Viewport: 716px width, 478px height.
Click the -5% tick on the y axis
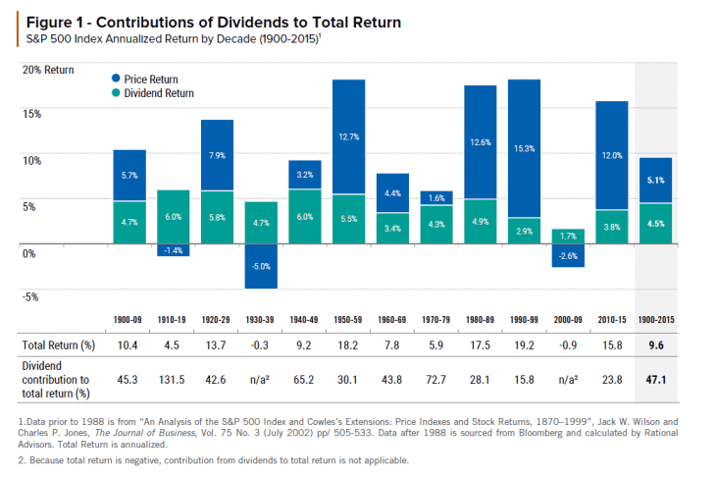pos(31,297)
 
